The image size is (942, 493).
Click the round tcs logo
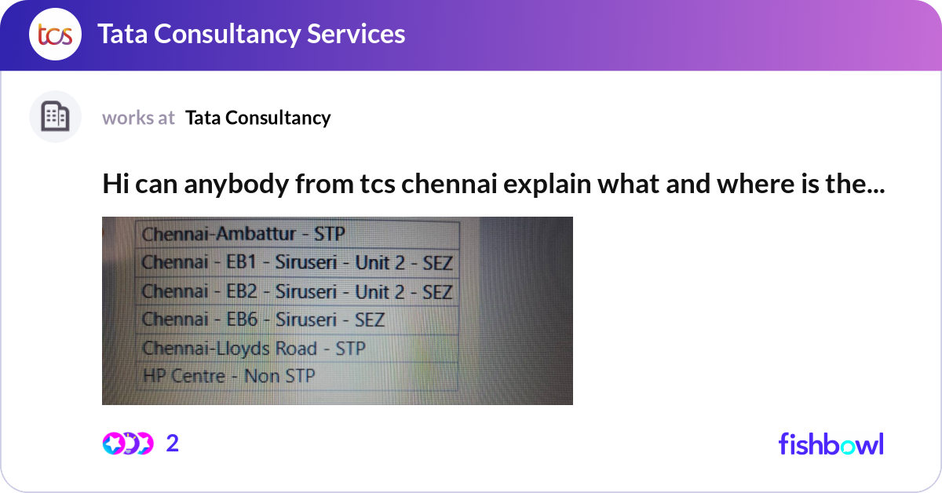click(x=55, y=34)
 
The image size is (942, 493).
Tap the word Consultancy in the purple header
click(x=227, y=35)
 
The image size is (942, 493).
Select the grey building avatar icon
click(x=55, y=116)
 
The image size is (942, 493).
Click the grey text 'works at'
click(x=138, y=118)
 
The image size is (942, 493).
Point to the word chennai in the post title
click(x=449, y=184)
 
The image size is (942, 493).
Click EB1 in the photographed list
click(x=242, y=262)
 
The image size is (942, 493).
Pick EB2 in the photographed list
click(x=242, y=291)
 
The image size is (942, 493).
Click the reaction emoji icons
click(x=128, y=444)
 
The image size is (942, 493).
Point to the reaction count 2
click(x=173, y=444)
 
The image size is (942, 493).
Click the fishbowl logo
click(x=831, y=444)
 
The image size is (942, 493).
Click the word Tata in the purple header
click(x=122, y=34)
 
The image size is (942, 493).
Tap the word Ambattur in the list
click(x=256, y=234)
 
